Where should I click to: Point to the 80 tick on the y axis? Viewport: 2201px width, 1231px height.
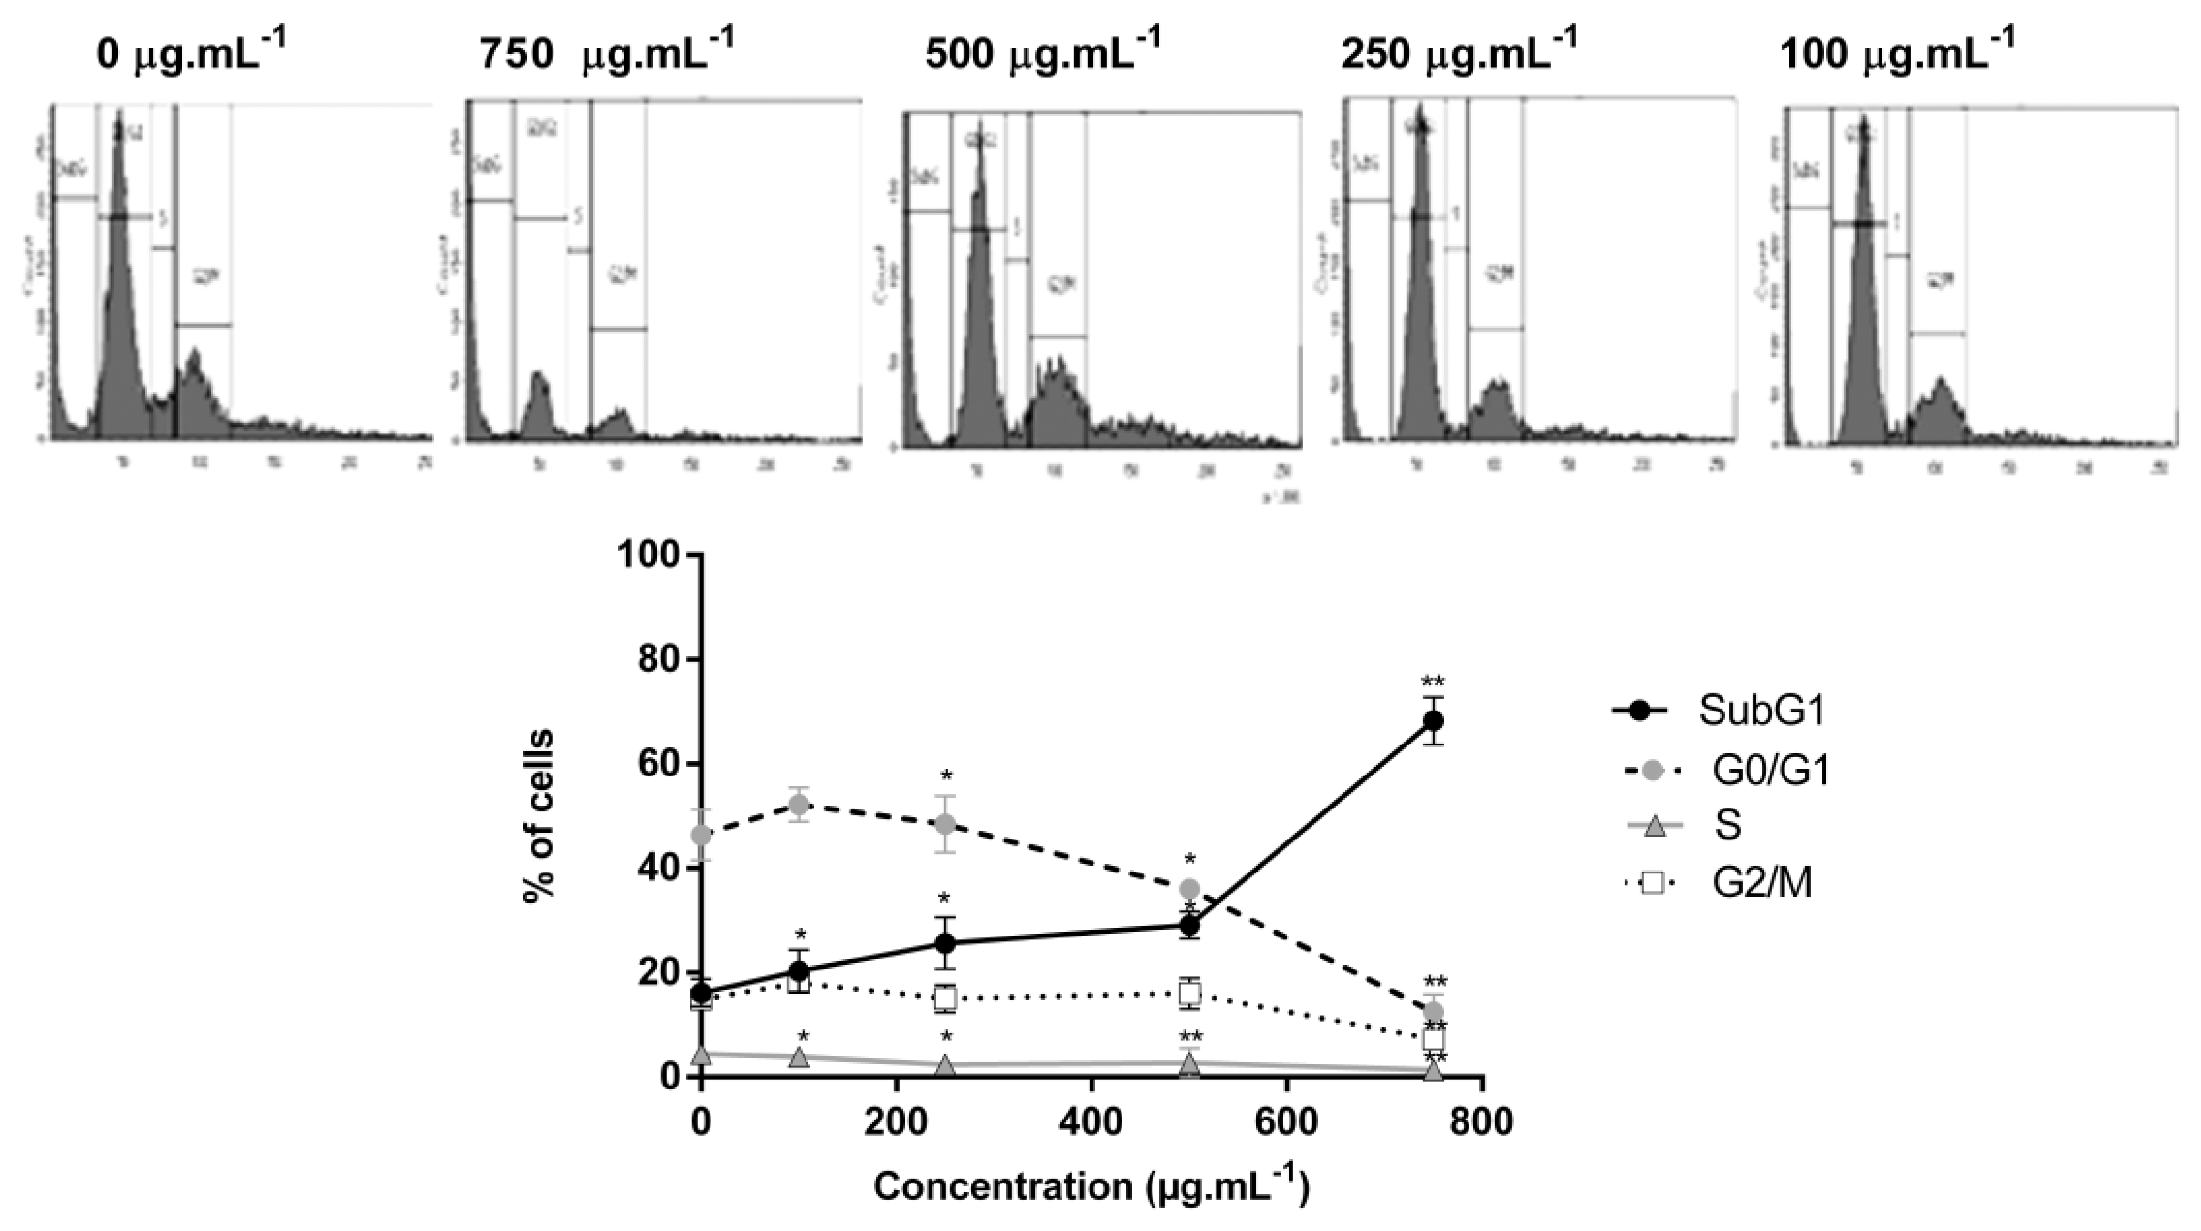pyautogui.click(x=658, y=659)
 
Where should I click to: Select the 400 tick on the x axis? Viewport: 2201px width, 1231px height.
pyautogui.click(x=1091, y=1120)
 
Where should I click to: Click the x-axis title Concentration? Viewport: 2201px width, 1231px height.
pyautogui.click(x=1090, y=1186)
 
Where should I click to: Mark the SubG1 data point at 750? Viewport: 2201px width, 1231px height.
pyautogui.click(x=1434, y=721)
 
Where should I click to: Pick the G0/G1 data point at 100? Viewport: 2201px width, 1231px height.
pyautogui.click(x=799, y=804)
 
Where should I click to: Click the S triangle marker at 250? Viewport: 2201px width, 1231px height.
pyautogui.click(x=945, y=1065)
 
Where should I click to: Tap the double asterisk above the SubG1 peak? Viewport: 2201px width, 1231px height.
pyautogui.click(x=1433, y=682)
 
